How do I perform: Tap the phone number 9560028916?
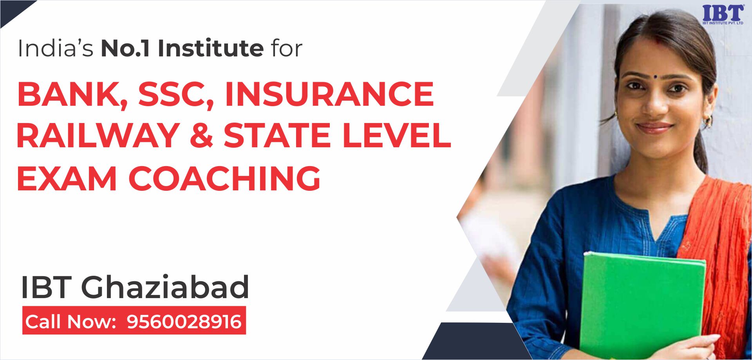click(x=184, y=322)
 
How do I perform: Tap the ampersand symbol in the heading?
click(x=202, y=136)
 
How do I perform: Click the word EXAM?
click(x=67, y=179)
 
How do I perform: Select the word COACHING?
click(x=224, y=179)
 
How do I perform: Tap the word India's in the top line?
click(x=56, y=49)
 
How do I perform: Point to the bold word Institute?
click(x=211, y=49)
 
